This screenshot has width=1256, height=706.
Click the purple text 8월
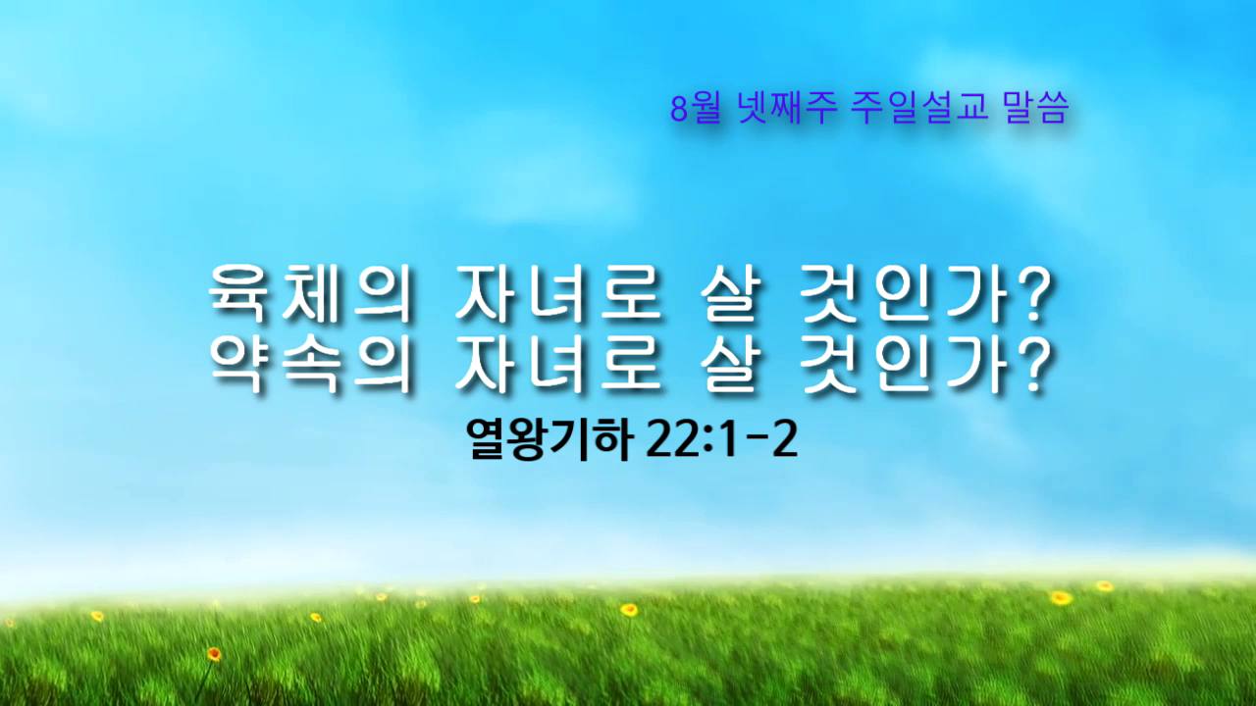[x=696, y=108]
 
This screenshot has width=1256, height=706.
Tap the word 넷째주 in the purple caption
[x=788, y=107]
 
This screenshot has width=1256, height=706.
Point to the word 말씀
[x=1035, y=107]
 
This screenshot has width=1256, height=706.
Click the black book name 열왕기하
[x=550, y=440]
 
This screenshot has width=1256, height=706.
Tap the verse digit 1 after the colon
[x=727, y=440]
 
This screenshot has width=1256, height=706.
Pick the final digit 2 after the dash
[x=785, y=440]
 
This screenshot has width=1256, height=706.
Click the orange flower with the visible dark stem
[x=214, y=653]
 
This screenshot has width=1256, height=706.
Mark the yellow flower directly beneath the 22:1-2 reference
[x=629, y=609]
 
